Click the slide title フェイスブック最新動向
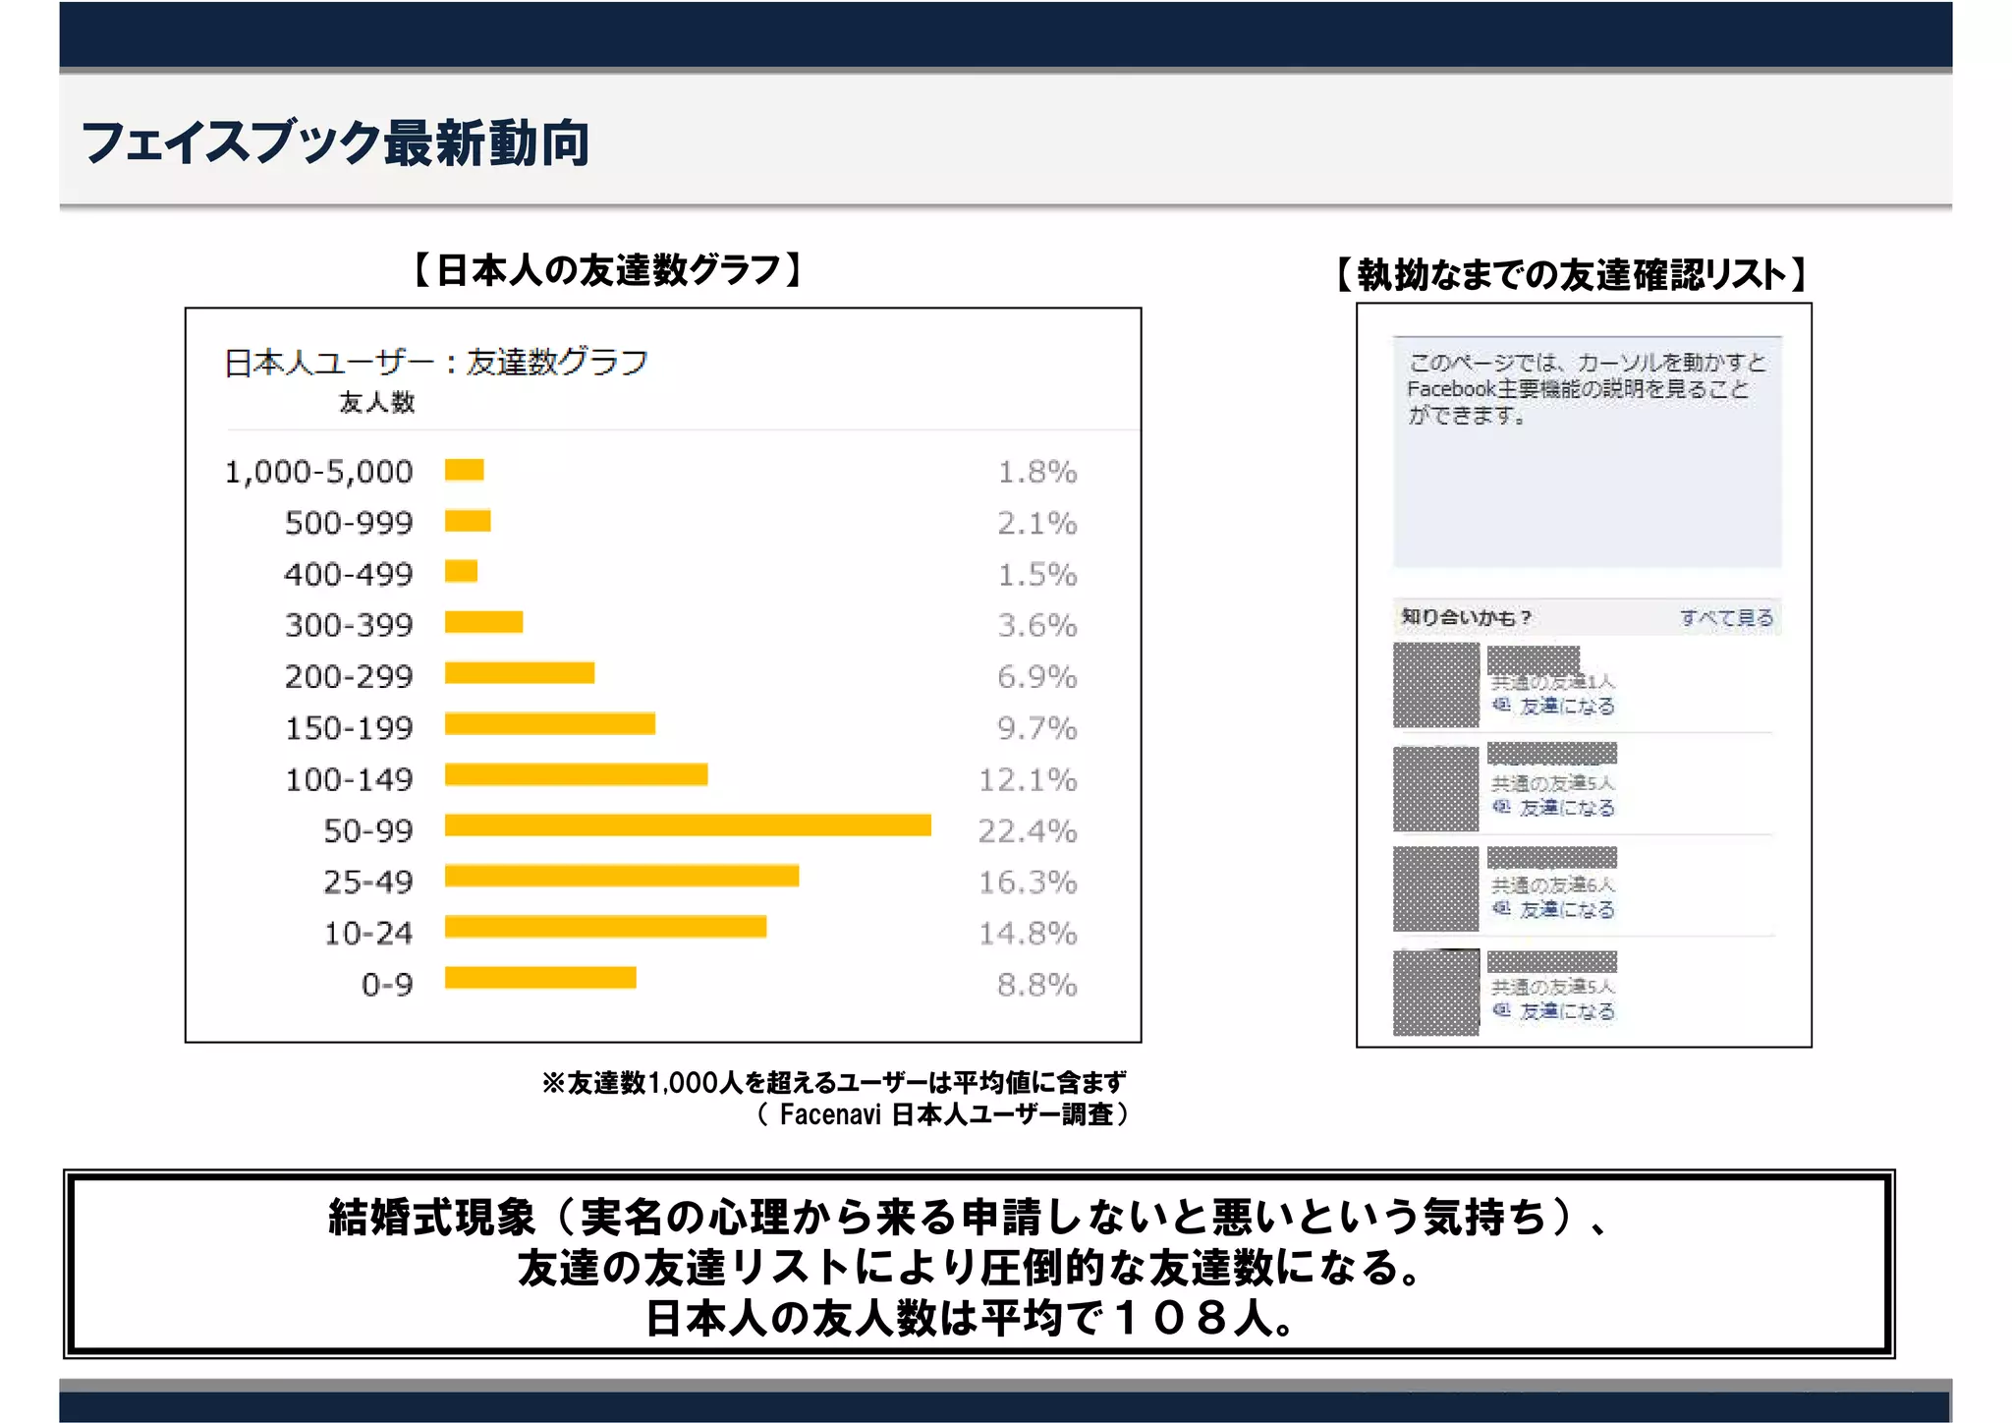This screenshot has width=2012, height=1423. click(x=335, y=143)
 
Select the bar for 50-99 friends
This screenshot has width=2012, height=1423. click(x=687, y=825)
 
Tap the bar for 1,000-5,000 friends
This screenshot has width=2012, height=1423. click(x=464, y=470)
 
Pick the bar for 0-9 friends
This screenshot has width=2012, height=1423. click(x=540, y=978)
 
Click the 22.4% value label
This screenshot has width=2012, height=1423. click(x=1027, y=831)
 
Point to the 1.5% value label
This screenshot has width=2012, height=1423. click(x=1036, y=575)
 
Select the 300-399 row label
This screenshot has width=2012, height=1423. click(x=349, y=625)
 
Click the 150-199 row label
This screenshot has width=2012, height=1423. click(x=349, y=728)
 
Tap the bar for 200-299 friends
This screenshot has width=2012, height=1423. click(x=519, y=673)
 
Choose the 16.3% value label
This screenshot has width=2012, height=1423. click(x=1027, y=882)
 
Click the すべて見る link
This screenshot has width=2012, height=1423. click(x=1726, y=618)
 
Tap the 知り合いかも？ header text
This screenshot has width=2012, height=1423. click(x=1466, y=618)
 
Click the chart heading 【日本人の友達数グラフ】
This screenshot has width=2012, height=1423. click(x=608, y=270)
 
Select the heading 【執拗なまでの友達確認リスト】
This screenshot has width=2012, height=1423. click(x=1571, y=275)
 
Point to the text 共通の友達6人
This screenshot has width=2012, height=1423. click(x=1552, y=885)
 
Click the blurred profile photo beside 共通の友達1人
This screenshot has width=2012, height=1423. click(x=1435, y=685)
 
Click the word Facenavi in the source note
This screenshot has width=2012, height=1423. click(x=829, y=1114)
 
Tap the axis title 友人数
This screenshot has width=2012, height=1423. click(x=376, y=402)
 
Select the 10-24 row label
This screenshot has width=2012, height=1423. click(x=368, y=934)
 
